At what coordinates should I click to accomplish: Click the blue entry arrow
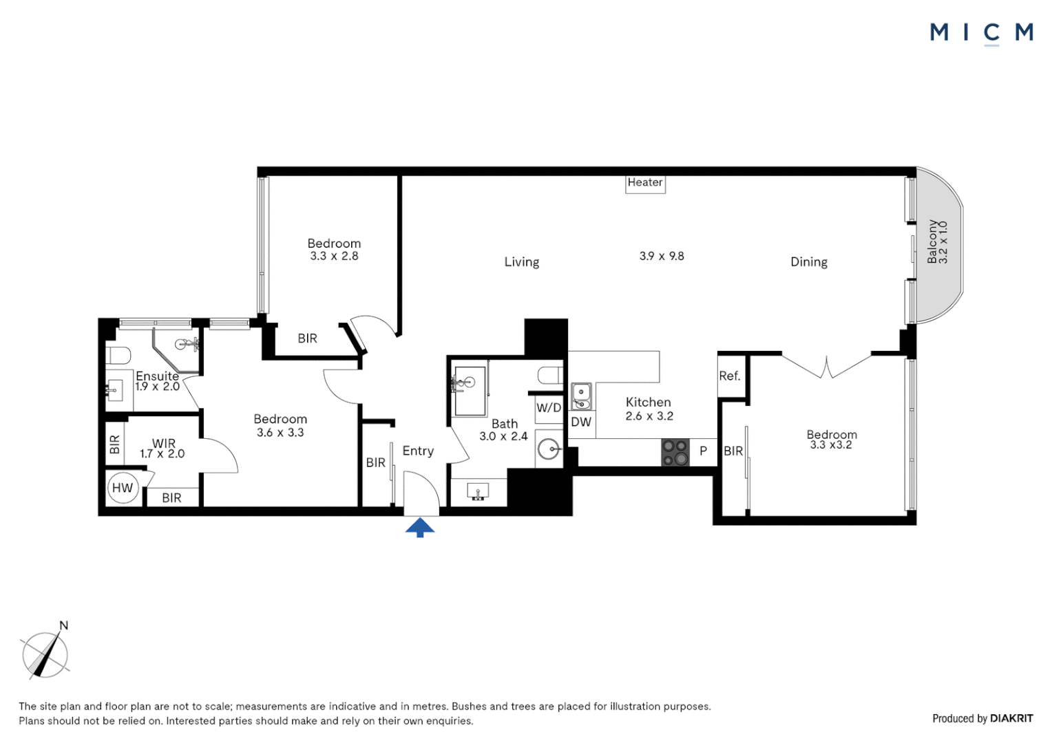pos(419,528)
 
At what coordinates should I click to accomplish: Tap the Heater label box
pos(645,183)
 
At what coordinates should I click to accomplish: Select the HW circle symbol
pos(123,488)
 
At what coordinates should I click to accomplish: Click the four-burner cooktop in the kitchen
pos(675,452)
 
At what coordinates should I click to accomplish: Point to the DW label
pos(581,422)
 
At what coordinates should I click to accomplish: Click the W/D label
pos(548,407)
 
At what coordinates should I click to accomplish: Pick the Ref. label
pos(729,376)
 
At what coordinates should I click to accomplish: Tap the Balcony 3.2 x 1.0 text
pos(937,242)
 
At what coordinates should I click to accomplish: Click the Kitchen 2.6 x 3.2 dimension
pos(649,416)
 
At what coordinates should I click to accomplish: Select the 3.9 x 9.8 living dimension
pos(662,256)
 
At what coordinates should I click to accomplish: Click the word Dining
pos(808,261)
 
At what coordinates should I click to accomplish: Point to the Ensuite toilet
pos(118,356)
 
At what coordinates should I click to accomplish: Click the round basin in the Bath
pos(549,449)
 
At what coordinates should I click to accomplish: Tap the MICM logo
pos(981,32)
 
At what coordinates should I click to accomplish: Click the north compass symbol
pos(45,654)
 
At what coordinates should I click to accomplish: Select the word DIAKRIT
pos(1011,718)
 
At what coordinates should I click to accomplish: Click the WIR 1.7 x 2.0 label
pos(162,449)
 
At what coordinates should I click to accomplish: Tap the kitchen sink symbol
pos(581,396)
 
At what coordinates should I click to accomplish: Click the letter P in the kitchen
pos(703,451)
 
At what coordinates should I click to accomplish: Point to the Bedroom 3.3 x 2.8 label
pos(334,249)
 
